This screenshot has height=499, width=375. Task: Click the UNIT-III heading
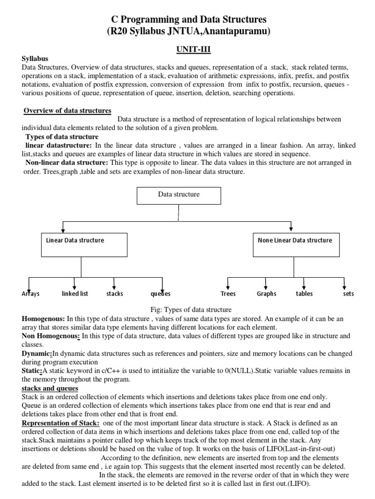pyautogui.click(x=187, y=49)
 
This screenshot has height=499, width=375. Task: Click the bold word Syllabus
pyautogui.click(x=35, y=58)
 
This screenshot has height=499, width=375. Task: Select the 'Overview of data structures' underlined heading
pyautogui.click(x=68, y=111)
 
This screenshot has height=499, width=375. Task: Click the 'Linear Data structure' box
pyautogui.click(x=84, y=244)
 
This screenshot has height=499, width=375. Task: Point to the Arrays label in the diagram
pyautogui.click(x=30, y=294)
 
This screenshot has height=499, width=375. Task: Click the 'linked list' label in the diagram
pyautogui.click(x=75, y=294)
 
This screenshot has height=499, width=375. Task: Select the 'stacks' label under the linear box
pyautogui.click(x=115, y=294)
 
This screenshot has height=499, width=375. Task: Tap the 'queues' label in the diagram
pyautogui.click(x=160, y=294)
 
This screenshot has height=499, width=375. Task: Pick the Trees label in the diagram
pyautogui.click(x=228, y=294)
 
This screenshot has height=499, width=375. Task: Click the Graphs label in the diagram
pyautogui.click(x=267, y=294)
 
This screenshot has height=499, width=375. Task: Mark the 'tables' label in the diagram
pyautogui.click(x=304, y=294)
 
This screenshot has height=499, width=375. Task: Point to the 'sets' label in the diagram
pyautogui.click(x=349, y=294)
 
